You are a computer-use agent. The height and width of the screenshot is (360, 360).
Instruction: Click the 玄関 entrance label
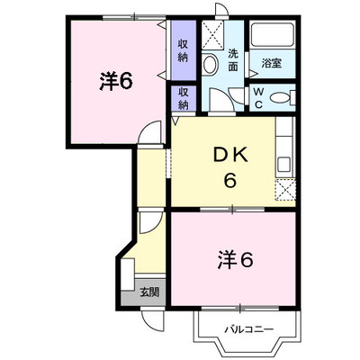pos(149,292)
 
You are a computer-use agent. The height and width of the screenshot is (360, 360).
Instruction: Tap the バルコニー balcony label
pos(249,329)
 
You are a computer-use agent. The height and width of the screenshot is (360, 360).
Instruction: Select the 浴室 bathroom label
pos(271,63)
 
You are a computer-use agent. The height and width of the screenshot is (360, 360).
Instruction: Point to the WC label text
pos(258,98)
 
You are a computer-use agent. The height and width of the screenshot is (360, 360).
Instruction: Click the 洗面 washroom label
pos(233,59)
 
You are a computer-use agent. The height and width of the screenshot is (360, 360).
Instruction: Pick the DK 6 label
pos(230,167)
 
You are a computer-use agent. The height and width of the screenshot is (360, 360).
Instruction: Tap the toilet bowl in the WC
pos(280,98)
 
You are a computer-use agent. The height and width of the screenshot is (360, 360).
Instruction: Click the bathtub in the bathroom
pos(273,34)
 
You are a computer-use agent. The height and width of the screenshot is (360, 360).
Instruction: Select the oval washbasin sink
pos(210,64)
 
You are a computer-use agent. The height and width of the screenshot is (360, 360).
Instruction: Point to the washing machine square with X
pos(212,35)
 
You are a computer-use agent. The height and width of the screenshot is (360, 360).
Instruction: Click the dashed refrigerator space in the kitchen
pos(285,190)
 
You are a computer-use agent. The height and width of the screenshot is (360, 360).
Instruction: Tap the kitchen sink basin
pos(283,164)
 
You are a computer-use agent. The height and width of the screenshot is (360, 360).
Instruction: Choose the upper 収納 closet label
pos(183,50)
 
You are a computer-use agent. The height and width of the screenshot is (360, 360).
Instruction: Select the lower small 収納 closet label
pos(183,98)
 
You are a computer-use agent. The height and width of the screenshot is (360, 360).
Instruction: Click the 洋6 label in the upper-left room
pos(116,82)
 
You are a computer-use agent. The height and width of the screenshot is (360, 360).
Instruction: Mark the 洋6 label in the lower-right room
pos(236,260)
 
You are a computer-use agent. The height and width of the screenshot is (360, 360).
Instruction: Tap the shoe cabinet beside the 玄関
pos(128,274)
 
